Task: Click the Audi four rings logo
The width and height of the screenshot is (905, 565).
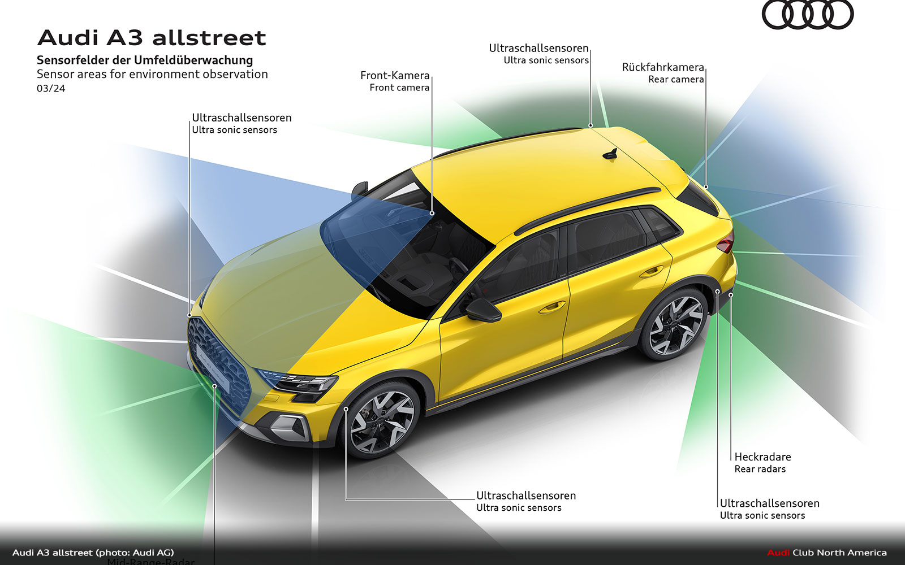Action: point(807,15)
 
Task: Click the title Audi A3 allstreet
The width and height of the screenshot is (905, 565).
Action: point(152,38)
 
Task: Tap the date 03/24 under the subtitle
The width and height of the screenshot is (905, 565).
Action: point(51,89)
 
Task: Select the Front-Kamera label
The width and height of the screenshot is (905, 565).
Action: point(395,76)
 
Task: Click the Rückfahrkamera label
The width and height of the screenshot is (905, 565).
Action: point(663,67)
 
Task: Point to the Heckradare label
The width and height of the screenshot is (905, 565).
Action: point(762,457)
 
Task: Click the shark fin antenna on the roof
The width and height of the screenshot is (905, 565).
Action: point(611,154)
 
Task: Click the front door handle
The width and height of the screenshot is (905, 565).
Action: point(551,308)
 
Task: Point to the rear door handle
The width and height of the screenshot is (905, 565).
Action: point(651,272)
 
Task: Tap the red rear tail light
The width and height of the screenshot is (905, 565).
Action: point(726,244)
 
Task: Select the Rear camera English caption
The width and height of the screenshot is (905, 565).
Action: point(676,80)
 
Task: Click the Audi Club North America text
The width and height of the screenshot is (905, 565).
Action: point(827,553)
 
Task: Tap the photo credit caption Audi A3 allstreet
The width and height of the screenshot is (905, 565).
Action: point(93,553)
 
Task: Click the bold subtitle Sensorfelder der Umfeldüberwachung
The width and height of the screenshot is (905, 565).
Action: point(145,60)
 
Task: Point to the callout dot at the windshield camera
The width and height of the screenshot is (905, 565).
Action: point(432,213)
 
